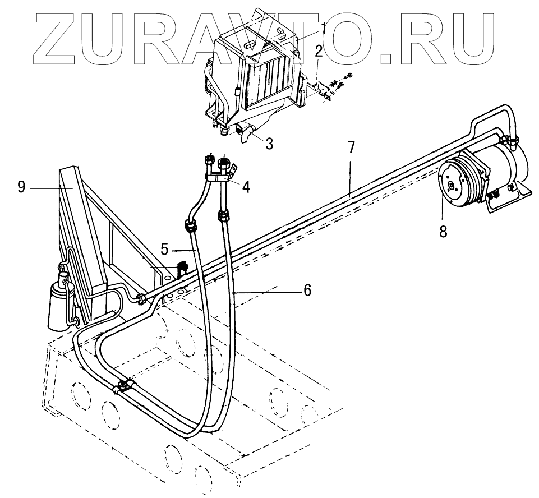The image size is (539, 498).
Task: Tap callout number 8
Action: (x=443, y=232)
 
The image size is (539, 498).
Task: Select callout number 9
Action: (x=21, y=187)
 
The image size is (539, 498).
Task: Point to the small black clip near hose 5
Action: (x=182, y=269)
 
